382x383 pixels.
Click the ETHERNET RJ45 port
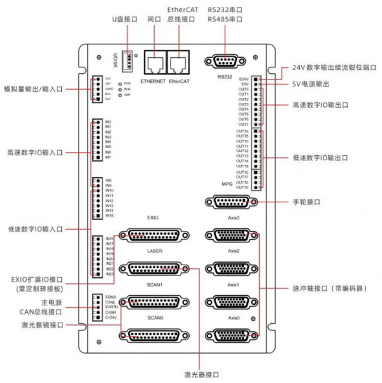pos(153,62)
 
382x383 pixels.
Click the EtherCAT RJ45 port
pos(179,62)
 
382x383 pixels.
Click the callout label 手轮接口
pos(306,202)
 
